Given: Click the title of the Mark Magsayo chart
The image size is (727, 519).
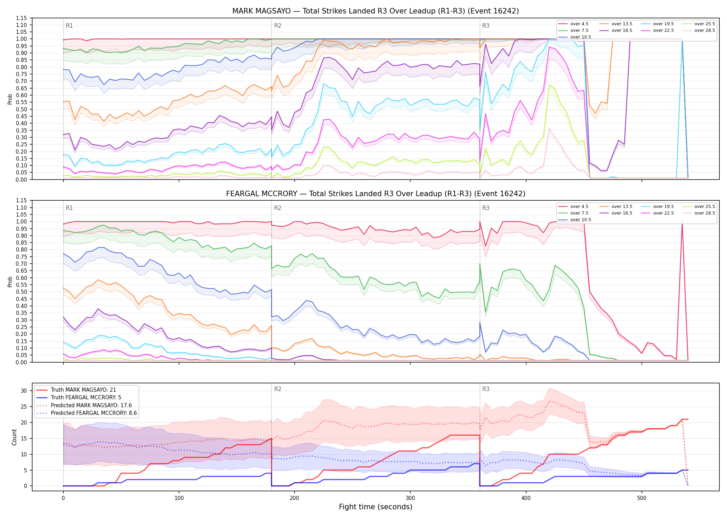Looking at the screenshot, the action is [376, 11].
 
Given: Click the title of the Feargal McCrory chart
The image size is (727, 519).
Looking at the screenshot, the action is [376, 194].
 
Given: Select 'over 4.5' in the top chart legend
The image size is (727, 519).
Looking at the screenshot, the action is [579, 24].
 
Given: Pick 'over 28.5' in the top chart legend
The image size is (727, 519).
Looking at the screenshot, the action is [704, 30].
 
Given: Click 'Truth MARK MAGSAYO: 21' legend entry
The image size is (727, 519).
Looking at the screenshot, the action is [83, 390].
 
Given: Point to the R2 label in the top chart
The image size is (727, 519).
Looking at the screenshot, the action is [278, 26].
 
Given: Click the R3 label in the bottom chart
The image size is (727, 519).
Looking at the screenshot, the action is [486, 389].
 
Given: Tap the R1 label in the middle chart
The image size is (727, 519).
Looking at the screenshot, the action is [69, 208].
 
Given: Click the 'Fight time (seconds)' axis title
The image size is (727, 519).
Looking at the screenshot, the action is [376, 507].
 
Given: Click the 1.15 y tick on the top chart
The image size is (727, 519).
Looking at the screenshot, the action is [21, 18].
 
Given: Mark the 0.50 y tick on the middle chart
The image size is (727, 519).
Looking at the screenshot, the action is [21, 292].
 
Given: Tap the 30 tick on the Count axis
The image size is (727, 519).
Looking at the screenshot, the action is [24, 391].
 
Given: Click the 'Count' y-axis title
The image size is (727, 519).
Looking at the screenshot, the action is [14, 437].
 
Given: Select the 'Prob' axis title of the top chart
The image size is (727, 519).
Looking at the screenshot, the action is [10, 99].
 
